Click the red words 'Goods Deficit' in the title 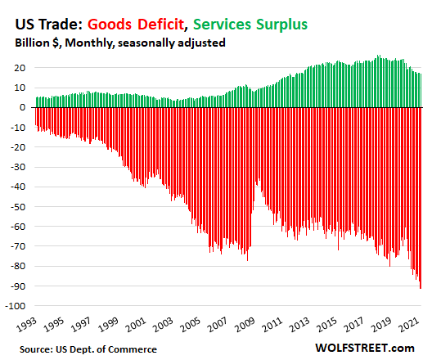136,25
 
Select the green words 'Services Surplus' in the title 250,25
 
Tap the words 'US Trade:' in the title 49,25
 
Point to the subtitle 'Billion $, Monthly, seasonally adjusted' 120,43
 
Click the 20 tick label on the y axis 20,68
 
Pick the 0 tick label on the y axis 23,107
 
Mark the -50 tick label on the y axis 18,207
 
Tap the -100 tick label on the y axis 16,306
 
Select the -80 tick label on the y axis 18,267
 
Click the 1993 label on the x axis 26,325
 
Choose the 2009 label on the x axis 245,325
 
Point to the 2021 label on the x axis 409,325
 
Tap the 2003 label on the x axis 163,325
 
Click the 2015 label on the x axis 326,325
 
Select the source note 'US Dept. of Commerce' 106,349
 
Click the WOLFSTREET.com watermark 365,349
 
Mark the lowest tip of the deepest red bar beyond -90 421,288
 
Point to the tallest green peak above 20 378,56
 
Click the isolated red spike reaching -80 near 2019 389,266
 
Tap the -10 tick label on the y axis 18,128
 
